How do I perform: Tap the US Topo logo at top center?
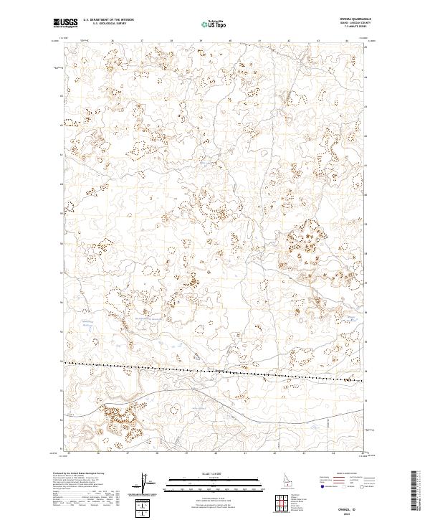point(214,24)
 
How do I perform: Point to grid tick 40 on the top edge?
point(229,42)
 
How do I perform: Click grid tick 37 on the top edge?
point(142,42)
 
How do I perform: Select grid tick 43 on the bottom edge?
point(304,453)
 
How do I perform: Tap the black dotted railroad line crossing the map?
point(215,370)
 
